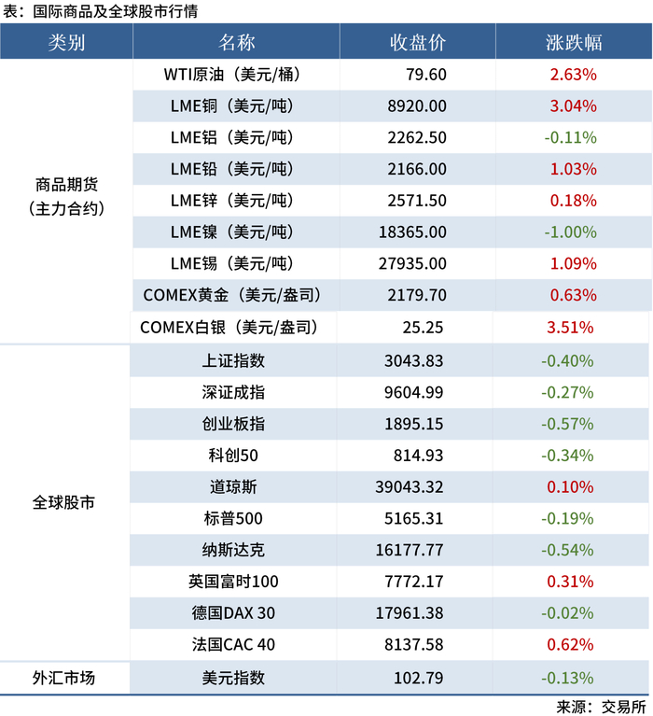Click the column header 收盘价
click(417, 43)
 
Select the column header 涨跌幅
click(573, 43)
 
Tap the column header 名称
click(236, 43)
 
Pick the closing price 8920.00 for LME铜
click(417, 106)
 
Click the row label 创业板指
click(233, 424)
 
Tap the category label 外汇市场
click(64, 678)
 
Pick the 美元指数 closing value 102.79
click(417, 678)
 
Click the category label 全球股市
click(64, 502)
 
